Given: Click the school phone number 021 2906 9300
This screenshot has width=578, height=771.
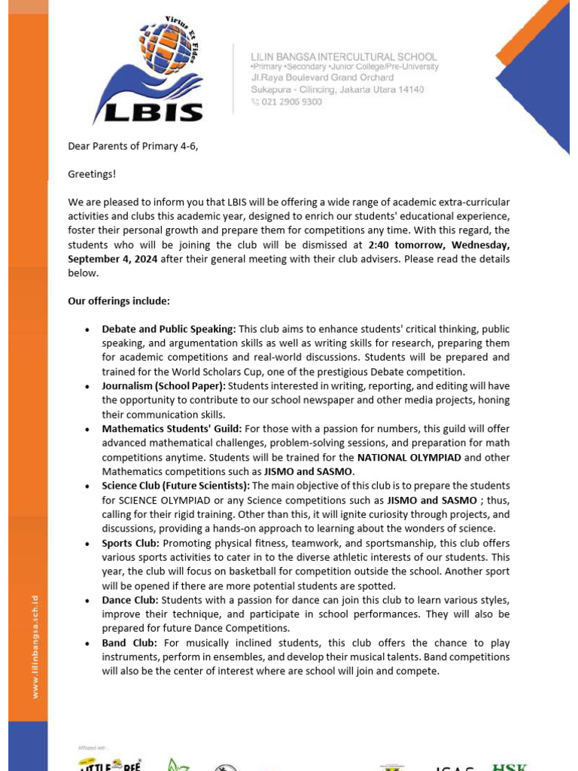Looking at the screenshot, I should [x=291, y=102].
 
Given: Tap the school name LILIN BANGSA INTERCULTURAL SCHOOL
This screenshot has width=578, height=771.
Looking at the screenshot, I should [x=344, y=56].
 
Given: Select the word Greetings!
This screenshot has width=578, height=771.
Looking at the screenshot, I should [x=92, y=174].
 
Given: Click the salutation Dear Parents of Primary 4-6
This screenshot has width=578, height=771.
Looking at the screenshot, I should [x=133, y=146].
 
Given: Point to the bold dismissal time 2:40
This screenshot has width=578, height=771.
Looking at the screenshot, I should [x=380, y=245].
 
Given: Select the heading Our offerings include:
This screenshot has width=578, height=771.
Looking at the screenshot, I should [x=119, y=301].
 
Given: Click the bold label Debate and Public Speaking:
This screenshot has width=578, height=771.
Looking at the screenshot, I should [x=169, y=329].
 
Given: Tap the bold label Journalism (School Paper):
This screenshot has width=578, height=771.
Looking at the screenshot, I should [x=163, y=386].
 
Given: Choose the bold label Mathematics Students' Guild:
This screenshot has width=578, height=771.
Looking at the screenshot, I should [x=172, y=429].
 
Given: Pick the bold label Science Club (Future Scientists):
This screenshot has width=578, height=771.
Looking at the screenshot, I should [x=180, y=486].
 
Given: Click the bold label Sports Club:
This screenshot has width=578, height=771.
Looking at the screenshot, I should [x=130, y=543].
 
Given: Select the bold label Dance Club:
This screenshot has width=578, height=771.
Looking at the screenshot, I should [x=129, y=600].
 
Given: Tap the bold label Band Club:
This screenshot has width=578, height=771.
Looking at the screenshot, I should [x=129, y=643].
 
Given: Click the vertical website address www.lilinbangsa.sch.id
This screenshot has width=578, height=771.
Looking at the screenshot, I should [x=35, y=647].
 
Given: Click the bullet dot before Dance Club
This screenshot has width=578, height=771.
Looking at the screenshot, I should [x=87, y=601].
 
